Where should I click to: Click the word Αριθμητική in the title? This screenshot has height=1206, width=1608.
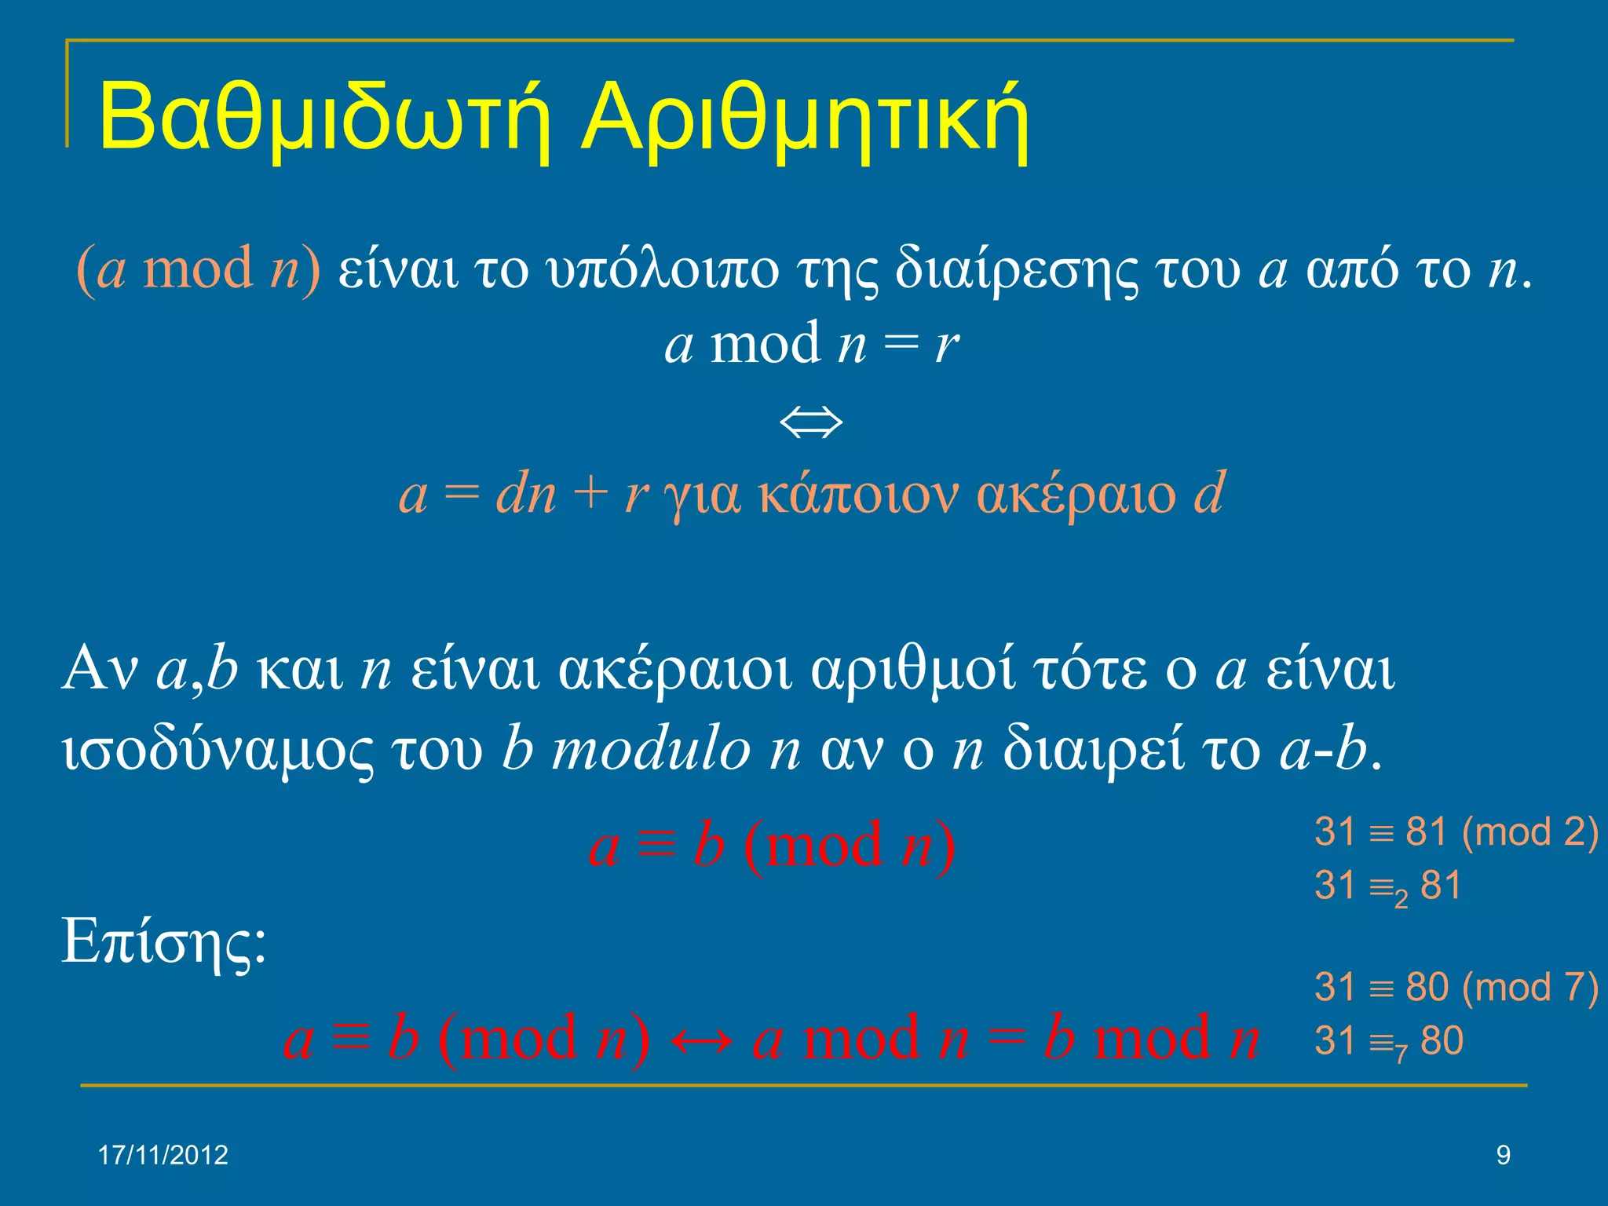(805, 118)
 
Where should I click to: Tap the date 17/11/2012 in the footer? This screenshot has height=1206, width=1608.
(163, 1155)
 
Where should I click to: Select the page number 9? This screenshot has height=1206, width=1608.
(1503, 1155)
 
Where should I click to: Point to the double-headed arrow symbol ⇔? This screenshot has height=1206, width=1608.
(811, 422)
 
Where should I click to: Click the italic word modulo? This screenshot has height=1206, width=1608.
(651, 749)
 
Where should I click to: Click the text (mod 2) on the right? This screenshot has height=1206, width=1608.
(1529, 832)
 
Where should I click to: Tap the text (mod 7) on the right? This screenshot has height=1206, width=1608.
(1529, 988)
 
